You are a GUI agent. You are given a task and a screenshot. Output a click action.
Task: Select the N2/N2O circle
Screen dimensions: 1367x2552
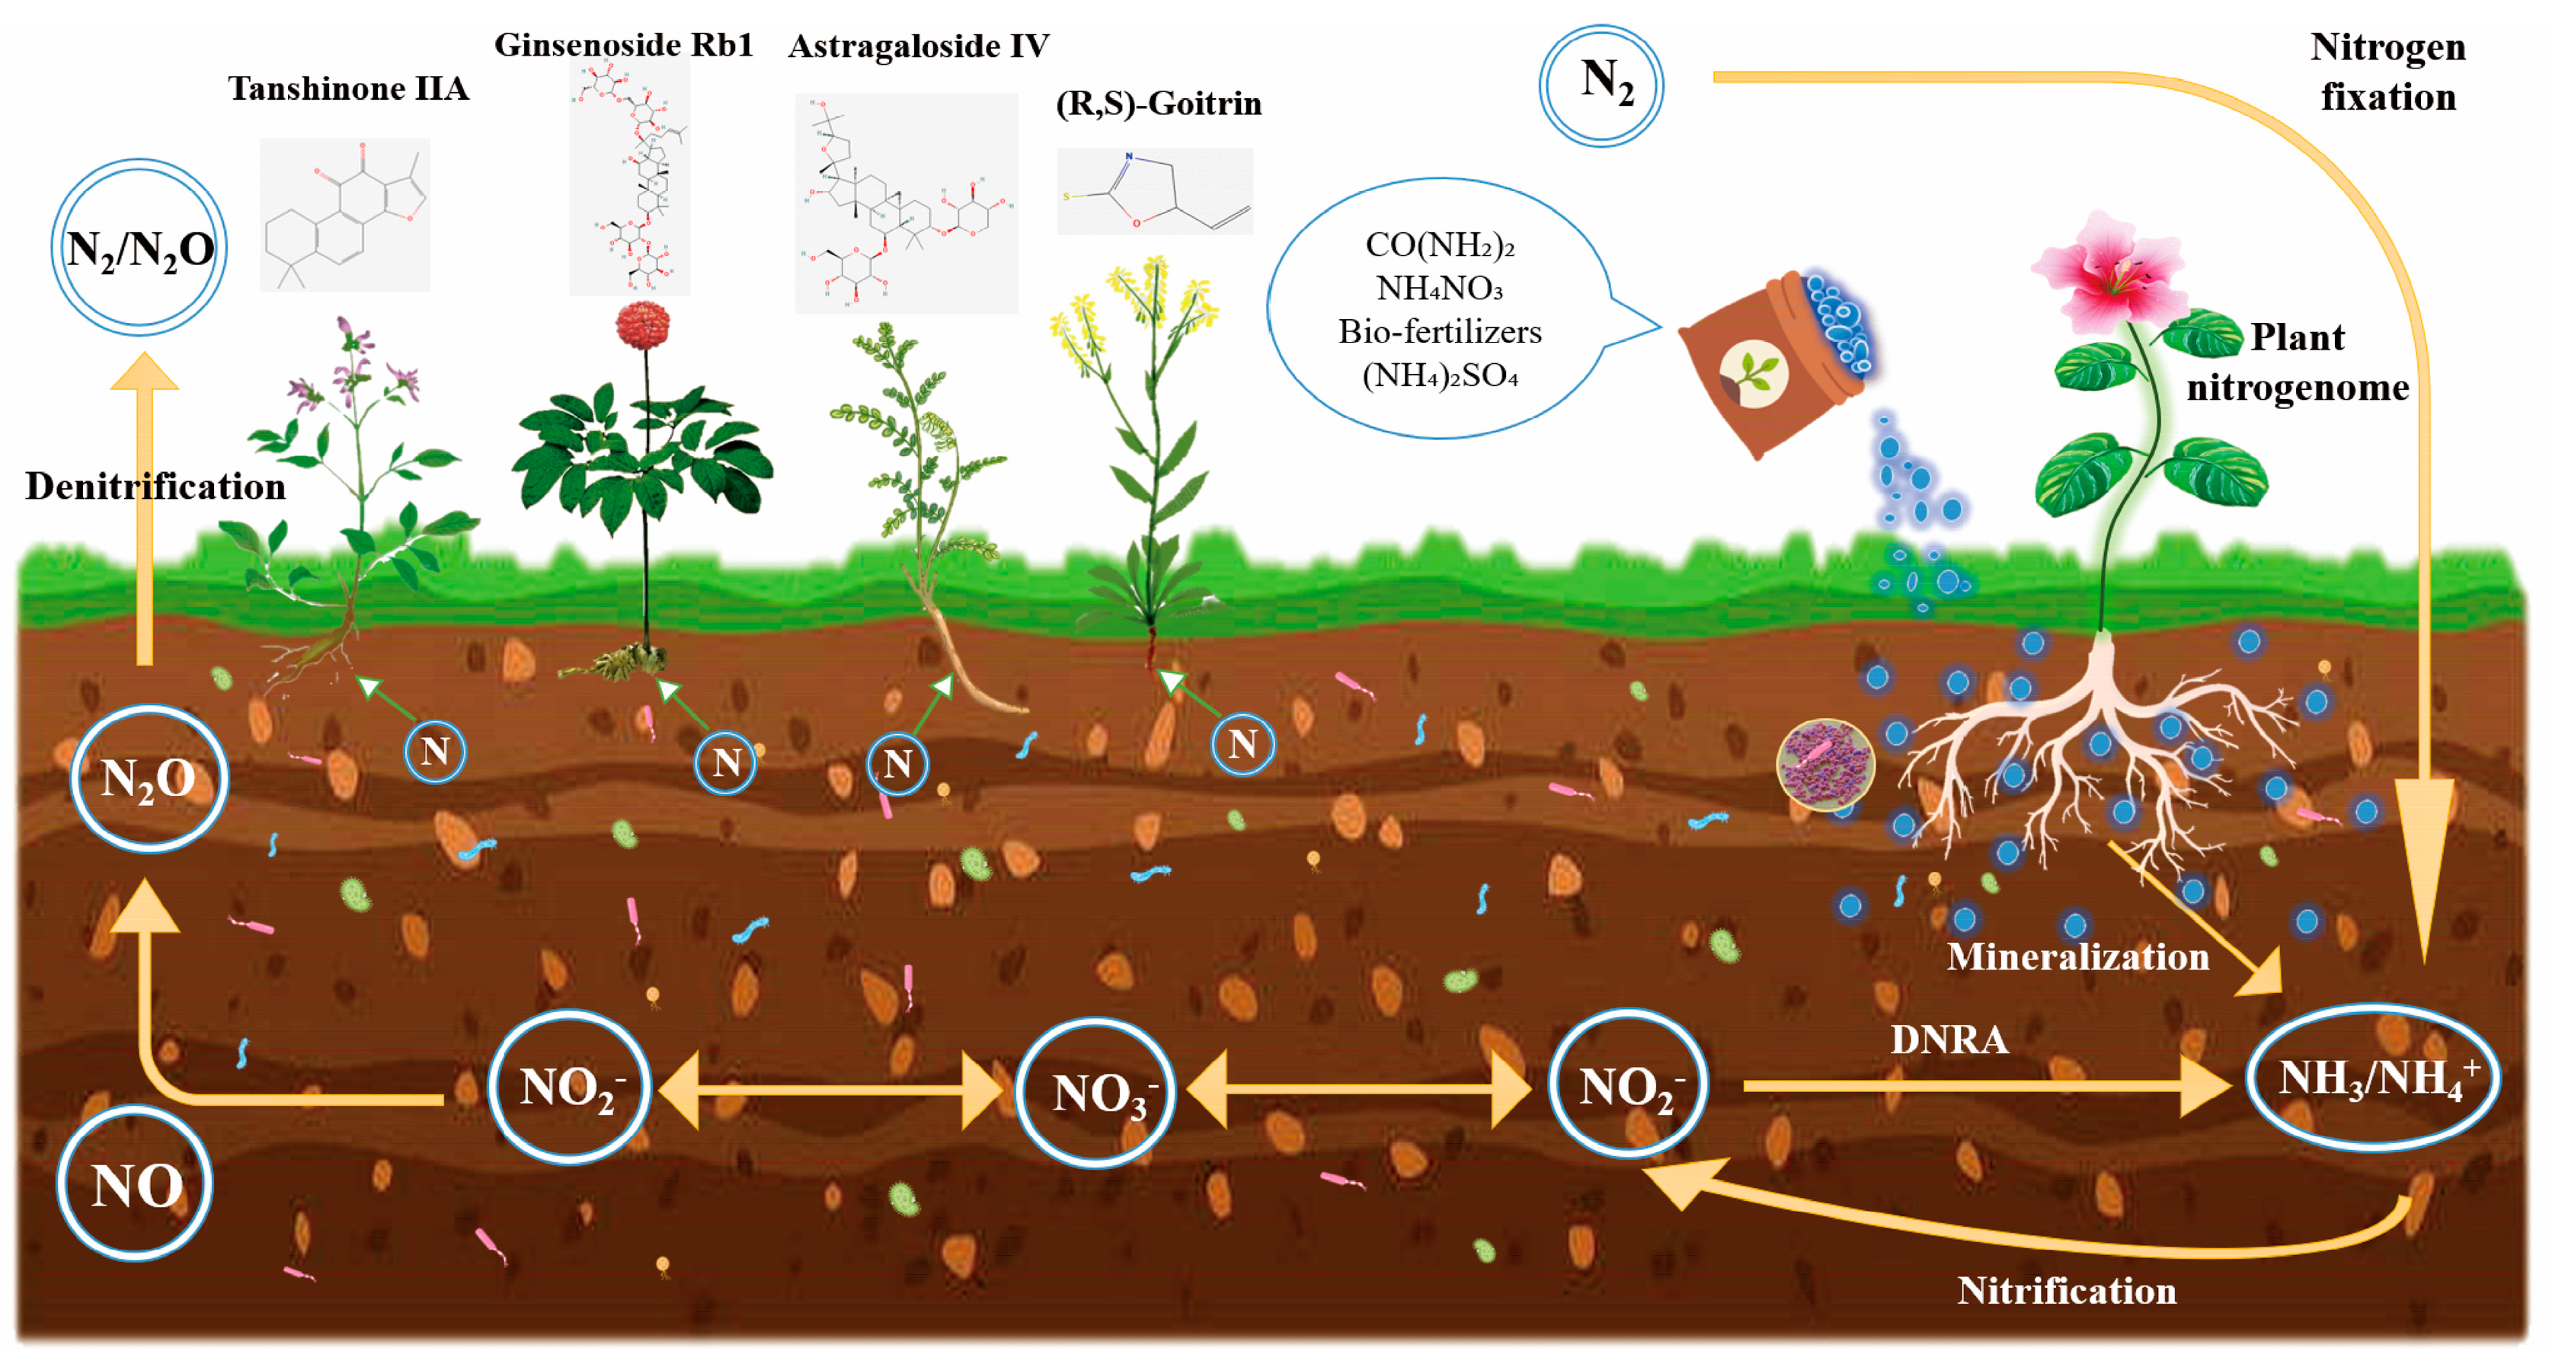point(139,248)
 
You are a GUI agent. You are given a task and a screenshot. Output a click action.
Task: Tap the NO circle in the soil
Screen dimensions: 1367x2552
point(135,1183)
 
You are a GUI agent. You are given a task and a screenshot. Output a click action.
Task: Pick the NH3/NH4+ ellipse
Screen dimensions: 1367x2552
point(2373,1078)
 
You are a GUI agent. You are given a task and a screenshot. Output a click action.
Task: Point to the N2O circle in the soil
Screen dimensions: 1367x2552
point(149,778)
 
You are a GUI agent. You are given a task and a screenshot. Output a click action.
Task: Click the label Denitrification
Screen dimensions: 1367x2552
point(155,487)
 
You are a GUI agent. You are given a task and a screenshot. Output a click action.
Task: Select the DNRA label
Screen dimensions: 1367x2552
point(1949,1039)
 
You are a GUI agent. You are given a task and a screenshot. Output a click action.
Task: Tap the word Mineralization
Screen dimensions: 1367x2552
point(2077,957)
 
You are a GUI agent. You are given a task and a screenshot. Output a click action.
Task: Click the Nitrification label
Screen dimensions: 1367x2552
point(2067,1291)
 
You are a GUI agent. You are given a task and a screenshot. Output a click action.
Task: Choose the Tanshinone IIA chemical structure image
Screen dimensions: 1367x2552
point(345,214)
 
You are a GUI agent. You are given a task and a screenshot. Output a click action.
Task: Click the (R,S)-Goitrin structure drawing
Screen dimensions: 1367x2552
point(1154,191)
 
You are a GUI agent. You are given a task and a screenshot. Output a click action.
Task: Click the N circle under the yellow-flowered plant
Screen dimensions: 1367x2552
point(1242,744)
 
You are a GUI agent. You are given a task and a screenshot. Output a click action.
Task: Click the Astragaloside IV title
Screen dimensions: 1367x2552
point(919,46)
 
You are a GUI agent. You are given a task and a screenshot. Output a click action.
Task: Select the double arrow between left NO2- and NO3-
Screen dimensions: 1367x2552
point(830,1091)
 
